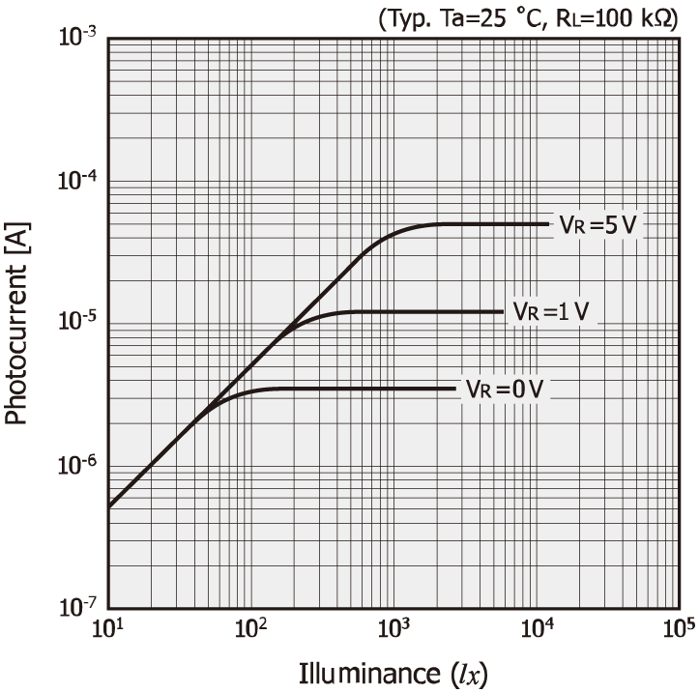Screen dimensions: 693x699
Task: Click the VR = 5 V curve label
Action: pos(597,224)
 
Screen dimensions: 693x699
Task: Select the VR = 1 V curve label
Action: pos(551,312)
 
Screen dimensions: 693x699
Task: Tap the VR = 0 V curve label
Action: pos(505,389)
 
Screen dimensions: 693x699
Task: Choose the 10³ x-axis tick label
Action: pos(393,629)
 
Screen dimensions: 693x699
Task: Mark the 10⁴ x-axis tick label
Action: pos(536,629)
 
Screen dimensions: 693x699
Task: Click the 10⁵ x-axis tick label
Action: pos(678,629)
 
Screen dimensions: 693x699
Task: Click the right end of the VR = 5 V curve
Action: pos(547,224)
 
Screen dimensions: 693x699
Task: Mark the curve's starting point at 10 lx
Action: pos(109,505)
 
